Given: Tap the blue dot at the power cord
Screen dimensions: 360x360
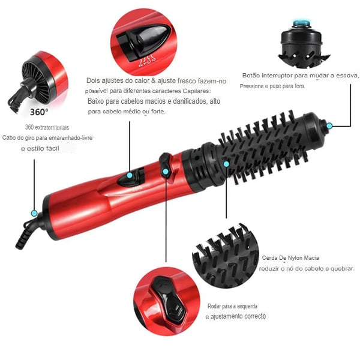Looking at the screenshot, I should tap(34, 213).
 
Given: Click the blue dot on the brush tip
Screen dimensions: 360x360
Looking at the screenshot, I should tap(329, 125).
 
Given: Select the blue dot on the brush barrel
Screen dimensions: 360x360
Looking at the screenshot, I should tap(226, 163).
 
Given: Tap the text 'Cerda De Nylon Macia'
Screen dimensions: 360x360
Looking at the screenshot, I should tap(290, 258).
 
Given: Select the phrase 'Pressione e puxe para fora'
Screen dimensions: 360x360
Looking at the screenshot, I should tap(272, 86).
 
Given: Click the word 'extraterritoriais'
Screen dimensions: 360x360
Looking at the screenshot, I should tap(52, 128).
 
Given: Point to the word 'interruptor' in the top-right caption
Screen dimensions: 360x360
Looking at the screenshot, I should tap(281, 76).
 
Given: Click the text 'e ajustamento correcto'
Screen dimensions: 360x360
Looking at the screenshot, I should tap(235, 316).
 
